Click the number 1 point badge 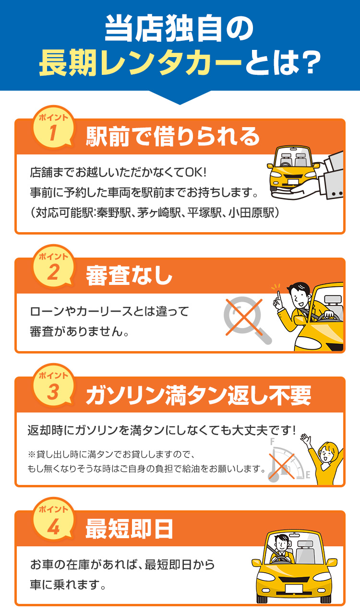[53, 127]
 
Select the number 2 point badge [53, 266]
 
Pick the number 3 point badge [53, 385]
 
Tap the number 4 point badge [53, 519]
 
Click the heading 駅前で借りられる [172, 137]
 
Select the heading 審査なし [129, 276]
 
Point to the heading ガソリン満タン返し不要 [198, 395]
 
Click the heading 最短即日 [129, 529]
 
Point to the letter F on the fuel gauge [272, 442]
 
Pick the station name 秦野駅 [113, 213]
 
